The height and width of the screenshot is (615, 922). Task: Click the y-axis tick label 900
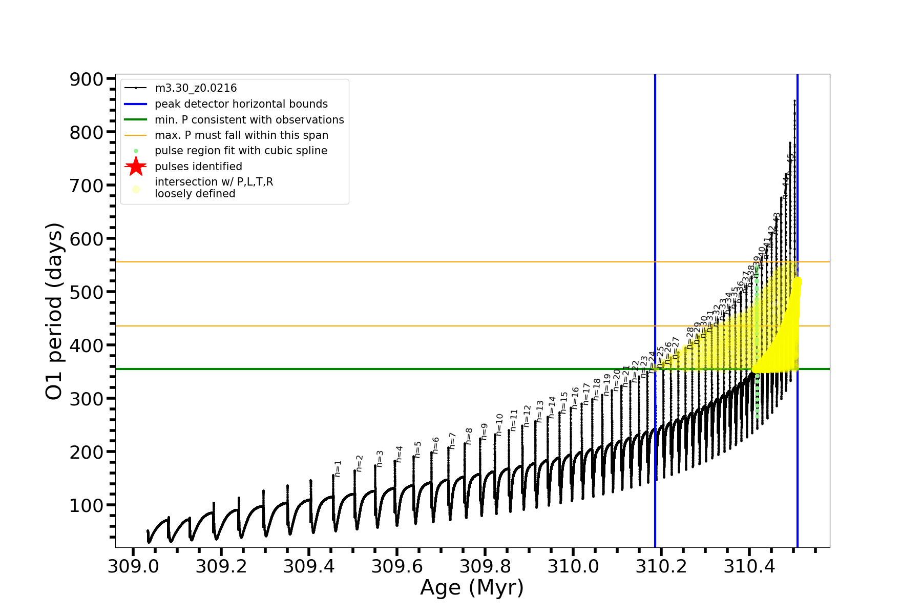coord(86,79)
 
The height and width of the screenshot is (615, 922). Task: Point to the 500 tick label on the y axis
coord(86,292)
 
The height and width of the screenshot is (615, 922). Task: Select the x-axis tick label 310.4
coord(749,566)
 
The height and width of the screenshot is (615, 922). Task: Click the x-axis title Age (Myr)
coord(472,588)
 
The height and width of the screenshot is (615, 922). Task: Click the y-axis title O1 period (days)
coord(54,311)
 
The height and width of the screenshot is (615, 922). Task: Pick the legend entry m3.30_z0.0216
coord(196,88)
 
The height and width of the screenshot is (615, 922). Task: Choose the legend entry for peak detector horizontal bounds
coord(241,104)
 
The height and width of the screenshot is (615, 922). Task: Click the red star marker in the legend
coord(136,167)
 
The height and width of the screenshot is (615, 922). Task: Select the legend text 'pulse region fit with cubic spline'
coord(241,151)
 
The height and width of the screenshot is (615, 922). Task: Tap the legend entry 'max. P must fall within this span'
coord(241,135)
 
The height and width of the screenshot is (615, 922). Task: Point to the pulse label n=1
coord(338,468)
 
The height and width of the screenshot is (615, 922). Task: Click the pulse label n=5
coord(418,449)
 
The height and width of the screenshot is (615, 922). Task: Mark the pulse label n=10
coord(499,424)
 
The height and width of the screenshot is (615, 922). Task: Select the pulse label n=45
coord(790,164)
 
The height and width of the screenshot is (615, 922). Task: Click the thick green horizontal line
coord(359,369)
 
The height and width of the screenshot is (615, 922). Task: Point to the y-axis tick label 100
coord(86,505)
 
